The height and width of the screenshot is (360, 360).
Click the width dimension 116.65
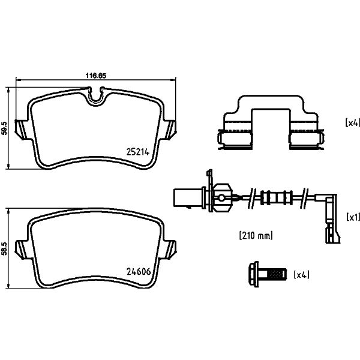click(96, 76)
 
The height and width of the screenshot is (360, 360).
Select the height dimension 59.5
click(5, 128)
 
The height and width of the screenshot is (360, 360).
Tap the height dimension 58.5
click(5, 248)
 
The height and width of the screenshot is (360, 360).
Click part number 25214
click(138, 152)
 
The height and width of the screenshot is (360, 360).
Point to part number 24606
click(139, 272)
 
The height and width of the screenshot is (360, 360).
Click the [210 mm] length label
click(256, 235)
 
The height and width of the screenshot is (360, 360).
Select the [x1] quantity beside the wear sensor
click(353, 217)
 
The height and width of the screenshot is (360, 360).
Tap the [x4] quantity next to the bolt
click(301, 275)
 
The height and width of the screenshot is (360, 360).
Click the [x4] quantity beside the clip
click(352, 123)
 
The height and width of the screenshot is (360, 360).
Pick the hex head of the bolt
click(253, 274)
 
